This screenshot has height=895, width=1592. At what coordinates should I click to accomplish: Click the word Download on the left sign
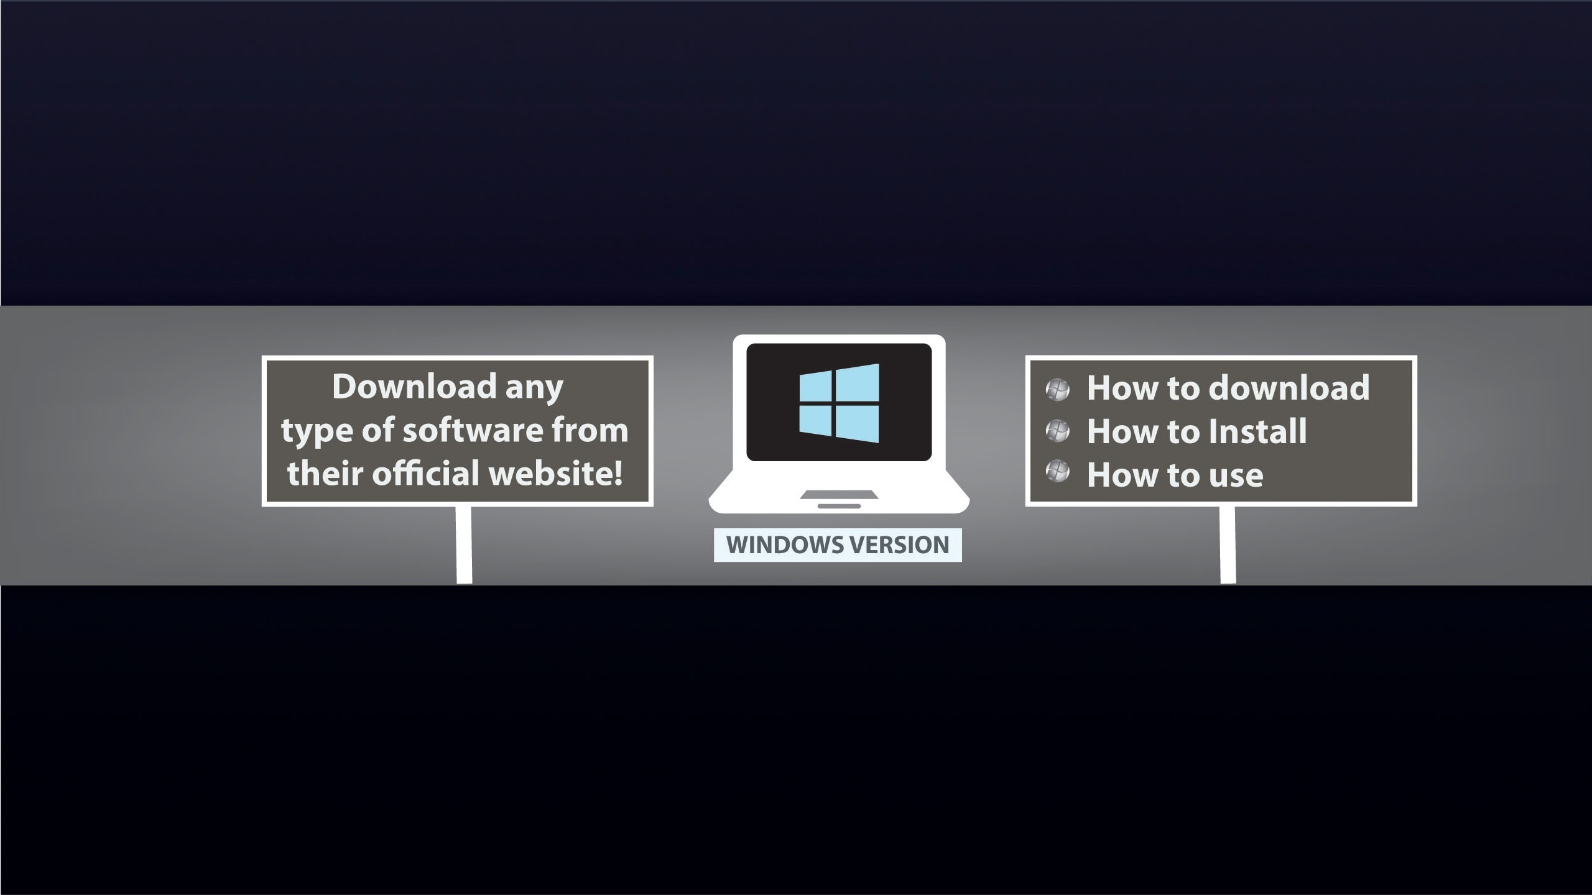pyautogui.click(x=414, y=387)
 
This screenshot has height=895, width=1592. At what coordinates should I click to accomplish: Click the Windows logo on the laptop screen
pyautogui.click(x=839, y=403)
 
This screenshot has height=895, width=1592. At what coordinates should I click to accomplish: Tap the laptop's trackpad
pyautogui.click(x=839, y=495)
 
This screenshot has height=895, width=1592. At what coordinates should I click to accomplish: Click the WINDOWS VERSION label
pyautogui.click(x=838, y=545)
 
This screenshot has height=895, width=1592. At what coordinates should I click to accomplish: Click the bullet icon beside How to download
pyautogui.click(x=1058, y=390)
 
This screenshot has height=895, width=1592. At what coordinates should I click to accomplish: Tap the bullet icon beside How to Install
pyautogui.click(x=1058, y=431)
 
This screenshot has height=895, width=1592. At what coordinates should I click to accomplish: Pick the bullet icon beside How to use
pyautogui.click(x=1058, y=472)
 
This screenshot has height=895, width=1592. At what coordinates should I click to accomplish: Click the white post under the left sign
pyautogui.click(x=464, y=545)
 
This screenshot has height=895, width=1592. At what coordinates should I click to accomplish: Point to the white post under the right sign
pyautogui.click(x=1228, y=545)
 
